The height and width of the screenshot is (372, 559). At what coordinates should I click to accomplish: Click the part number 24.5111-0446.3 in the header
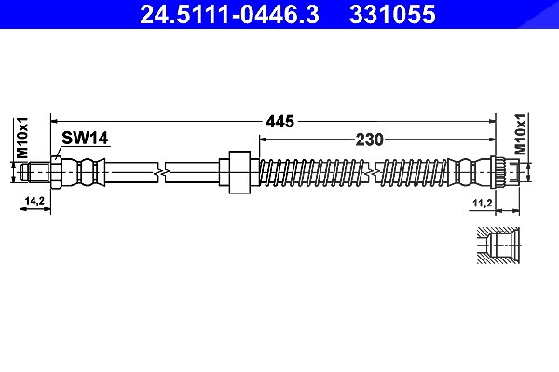tap(229, 14)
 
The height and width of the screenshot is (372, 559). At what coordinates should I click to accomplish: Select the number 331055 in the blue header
tap(392, 14)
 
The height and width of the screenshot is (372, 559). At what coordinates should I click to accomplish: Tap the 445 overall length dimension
tap(280, 122)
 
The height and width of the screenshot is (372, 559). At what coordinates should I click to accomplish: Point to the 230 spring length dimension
tap(369, 139)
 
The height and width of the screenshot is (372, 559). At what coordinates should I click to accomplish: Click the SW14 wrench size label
tap(85, 138)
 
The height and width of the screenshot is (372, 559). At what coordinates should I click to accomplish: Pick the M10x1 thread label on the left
tap(22, 138)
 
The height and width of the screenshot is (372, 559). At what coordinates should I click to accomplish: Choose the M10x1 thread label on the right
tap(520, 134)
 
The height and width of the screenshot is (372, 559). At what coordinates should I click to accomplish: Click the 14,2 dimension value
tap(34, 201)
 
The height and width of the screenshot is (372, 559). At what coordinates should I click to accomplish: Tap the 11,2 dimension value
tap(483, 204)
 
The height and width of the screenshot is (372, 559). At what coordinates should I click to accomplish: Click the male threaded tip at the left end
tap(34, 172)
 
